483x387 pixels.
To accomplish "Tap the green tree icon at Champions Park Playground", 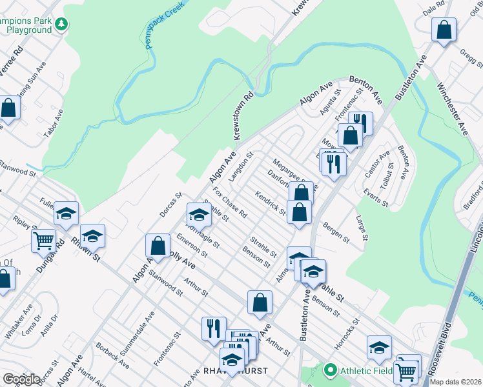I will tap(61, 25).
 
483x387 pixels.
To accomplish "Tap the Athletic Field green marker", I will tap(331, 370).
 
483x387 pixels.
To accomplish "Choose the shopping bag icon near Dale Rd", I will tap(444, 30).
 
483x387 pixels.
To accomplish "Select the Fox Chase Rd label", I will tap(231, 202).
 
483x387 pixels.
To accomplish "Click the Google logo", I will tap(21, 379).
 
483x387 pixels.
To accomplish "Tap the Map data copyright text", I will tap(455, 382).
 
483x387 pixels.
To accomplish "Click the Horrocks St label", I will tap(347, 331).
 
